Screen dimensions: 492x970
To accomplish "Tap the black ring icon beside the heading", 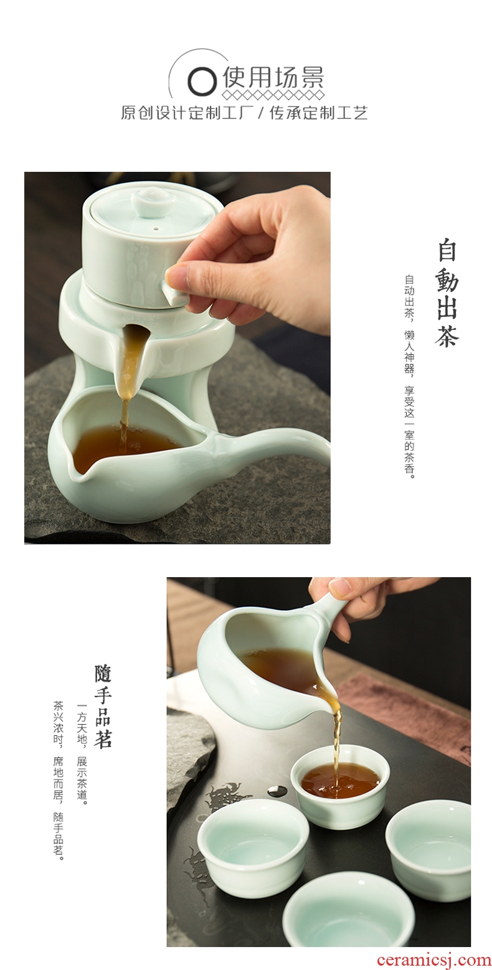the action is coord(202,81).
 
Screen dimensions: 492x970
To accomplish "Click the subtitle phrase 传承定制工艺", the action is coord(318,113).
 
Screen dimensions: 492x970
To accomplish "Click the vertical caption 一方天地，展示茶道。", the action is coord(82,754).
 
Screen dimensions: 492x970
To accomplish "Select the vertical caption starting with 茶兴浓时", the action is coord(59,780).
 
